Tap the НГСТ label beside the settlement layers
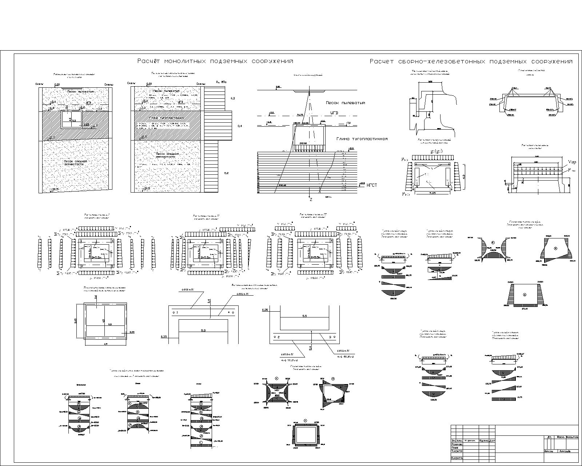[371, 185]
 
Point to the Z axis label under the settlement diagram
[311, 200]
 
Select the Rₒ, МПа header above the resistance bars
[221, 82]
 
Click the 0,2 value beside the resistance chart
[226, 173]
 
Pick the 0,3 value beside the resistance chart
[233, 98]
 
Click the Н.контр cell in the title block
[457, 458]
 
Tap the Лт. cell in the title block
[549, 437]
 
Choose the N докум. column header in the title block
[470, 441]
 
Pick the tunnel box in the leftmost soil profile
[71, 119]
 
